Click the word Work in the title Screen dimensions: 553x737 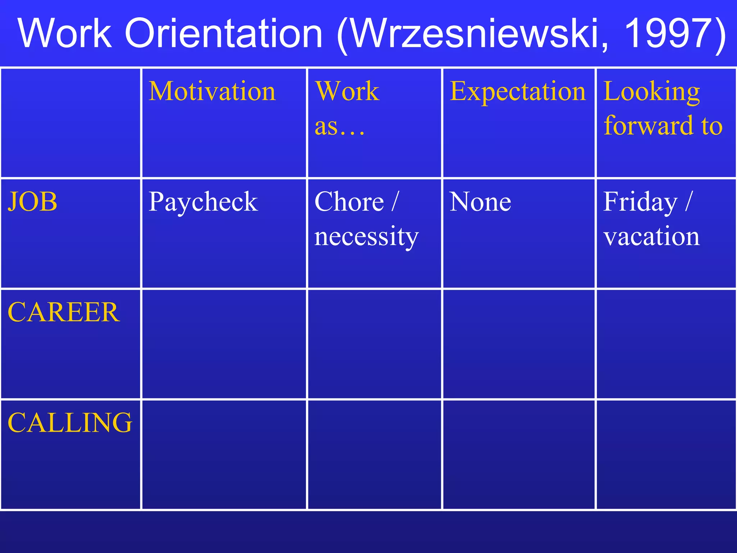click(x=65, y=33)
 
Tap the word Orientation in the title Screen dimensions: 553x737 click(x=223, y=33)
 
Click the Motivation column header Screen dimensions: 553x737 click(x=212, y=91)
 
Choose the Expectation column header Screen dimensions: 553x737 click(x=518, y=91)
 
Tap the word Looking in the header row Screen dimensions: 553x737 click(x=652, y=92)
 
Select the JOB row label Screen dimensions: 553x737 click(x=33, y=202)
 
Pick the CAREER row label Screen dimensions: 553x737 click(x=64, y=312)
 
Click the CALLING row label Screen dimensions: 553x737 click(x=70, y=423)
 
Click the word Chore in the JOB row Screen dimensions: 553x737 click(x=349, y=202)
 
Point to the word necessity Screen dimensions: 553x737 click(x=366, y=237)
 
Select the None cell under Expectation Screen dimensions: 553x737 click(x=480, y=202)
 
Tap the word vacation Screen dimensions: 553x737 click(x=652, y=237)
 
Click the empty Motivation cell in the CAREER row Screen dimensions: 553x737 click(x=224, y=344)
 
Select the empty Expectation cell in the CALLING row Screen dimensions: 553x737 click(x=519, y=455)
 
